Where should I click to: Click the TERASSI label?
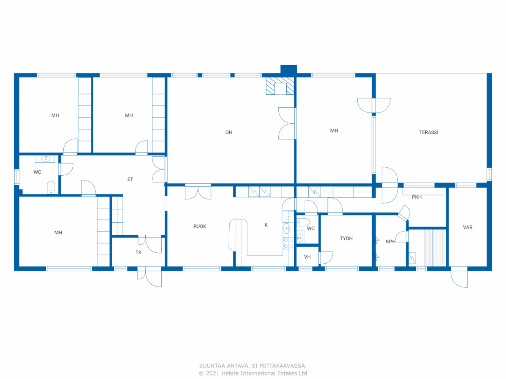(x=429, y=132)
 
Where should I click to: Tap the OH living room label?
(x=229, y=132)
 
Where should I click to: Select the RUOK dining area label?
(x=200, y=226)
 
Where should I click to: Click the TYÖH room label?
(x=346, y=238)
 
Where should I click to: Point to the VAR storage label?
(x=468, y=227)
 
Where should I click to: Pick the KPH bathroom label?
(x=391, y=242)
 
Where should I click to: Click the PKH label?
(x=417, y=197)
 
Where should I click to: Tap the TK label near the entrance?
(x=138, y=252)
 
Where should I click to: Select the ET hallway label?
(x=130, y=179)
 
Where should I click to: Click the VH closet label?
(x=307, y=257)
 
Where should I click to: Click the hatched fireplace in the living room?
(x=280, y=86)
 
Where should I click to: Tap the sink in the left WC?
(x=45, y=159)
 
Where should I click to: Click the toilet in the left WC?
(x=51, y=187)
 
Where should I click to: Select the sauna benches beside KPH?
(x=435, y=248)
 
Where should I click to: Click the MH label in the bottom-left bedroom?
(x=58, y=233)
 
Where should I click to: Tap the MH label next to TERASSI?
(x=334, y=131)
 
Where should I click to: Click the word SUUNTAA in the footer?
(x=212, y=366)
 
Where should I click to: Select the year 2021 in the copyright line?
(x=213, y=373)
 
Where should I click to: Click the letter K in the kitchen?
(x=266, y=225)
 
